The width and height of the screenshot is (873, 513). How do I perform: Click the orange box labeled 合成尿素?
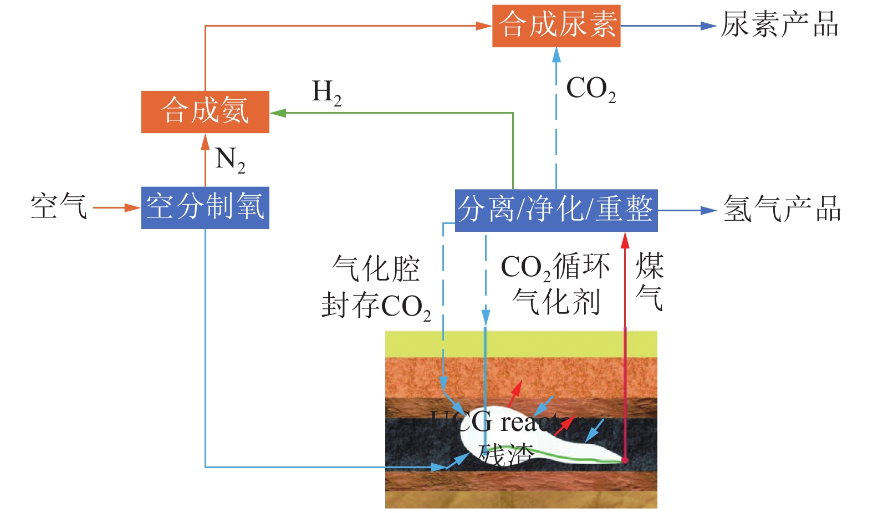[556, 26]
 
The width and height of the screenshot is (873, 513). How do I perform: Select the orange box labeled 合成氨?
[205, 111]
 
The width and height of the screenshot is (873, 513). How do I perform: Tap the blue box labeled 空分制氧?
[205, 207]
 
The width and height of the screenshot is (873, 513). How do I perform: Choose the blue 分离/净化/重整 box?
[556, 210]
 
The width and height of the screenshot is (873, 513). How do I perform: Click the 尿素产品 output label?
[779, 26]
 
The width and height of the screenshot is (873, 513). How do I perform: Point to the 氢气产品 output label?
[782, 210]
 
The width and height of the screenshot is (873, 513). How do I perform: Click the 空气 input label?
[59, 207]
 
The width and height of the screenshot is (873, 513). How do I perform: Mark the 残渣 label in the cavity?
[506, 455]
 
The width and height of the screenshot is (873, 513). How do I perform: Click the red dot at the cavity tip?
[625, 460]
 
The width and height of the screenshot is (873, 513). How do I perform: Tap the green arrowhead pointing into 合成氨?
[277, 113]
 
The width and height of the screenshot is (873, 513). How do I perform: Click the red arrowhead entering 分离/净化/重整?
[625, 240]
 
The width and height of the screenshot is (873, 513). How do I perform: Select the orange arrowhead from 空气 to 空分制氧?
[133, 208]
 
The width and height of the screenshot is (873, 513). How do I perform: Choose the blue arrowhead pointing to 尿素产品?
[708, 26]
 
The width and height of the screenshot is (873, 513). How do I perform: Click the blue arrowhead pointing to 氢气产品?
[709, 210]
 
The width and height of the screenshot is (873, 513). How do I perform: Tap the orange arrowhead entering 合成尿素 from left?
[484, 26]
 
